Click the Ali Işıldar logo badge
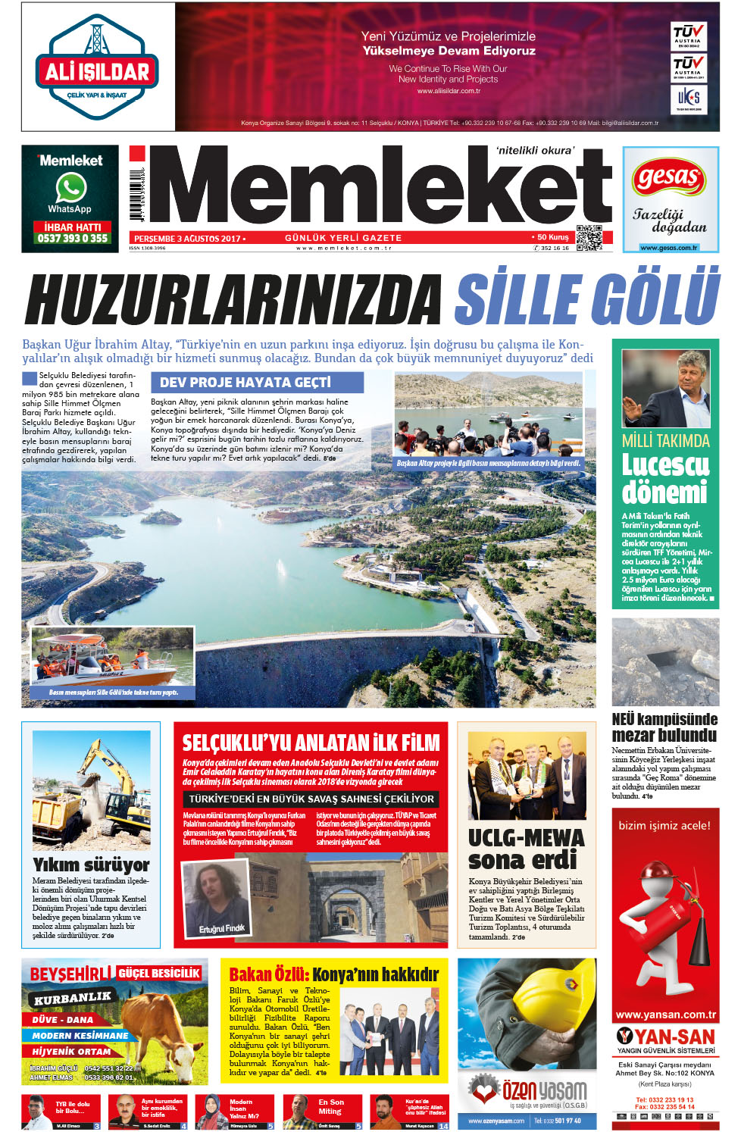pos(97,69)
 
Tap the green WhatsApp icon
pos(70,187)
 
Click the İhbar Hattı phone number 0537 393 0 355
pos(73,238)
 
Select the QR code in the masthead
pos(589,237)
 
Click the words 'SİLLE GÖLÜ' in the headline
pos(586,298)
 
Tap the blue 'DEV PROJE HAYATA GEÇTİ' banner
pos(257,383)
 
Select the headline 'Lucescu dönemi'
pos(665,479)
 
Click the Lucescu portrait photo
pos(666,389)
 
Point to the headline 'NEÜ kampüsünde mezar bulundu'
pos(664,727)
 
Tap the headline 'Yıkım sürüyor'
pos(91,865)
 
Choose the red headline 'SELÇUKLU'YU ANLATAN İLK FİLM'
pos(311,743)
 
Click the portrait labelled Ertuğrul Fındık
pos(217,899)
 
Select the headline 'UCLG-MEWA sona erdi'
pos(526,849)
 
